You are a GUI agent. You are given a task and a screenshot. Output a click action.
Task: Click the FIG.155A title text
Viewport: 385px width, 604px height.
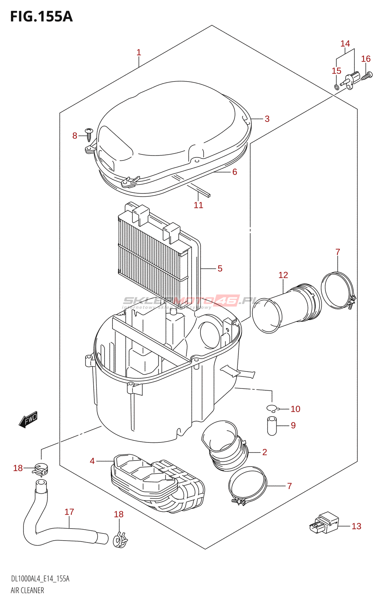coord(41,17)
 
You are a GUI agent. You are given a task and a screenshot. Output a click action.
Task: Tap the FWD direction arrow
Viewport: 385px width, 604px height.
coord(28,419)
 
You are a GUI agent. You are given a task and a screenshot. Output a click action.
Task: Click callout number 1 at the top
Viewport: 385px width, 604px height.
coord(139,52)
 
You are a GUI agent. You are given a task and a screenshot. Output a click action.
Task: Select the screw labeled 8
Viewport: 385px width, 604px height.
coord(89,134)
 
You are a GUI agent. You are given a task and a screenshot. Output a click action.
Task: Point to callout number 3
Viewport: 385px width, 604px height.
coord(267,119)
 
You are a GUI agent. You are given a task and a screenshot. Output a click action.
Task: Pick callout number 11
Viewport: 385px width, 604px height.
coord(198,205)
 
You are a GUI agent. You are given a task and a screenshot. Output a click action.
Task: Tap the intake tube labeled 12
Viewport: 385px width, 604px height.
coord(287,310)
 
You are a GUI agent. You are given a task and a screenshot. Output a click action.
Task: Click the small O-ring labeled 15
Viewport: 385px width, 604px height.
coord(336,87)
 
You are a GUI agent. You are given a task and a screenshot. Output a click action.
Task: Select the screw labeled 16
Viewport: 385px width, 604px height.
coord(367,76)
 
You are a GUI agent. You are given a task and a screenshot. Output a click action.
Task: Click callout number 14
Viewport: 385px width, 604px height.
coord(345,44)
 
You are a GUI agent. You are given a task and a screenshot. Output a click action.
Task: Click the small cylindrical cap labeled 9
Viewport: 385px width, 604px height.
coord(272,425)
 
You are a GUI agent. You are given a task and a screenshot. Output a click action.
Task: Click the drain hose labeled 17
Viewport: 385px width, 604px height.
coord(57,528)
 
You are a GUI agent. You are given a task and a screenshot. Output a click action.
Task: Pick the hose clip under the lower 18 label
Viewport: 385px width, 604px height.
coord(120,540)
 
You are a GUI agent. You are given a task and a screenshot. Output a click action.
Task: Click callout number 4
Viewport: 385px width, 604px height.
coord(92,461)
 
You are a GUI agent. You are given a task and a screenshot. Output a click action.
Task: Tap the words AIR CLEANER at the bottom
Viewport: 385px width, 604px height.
coord(27,590)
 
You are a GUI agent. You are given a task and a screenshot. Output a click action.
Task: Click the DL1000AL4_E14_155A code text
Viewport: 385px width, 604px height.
coord(40,579)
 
